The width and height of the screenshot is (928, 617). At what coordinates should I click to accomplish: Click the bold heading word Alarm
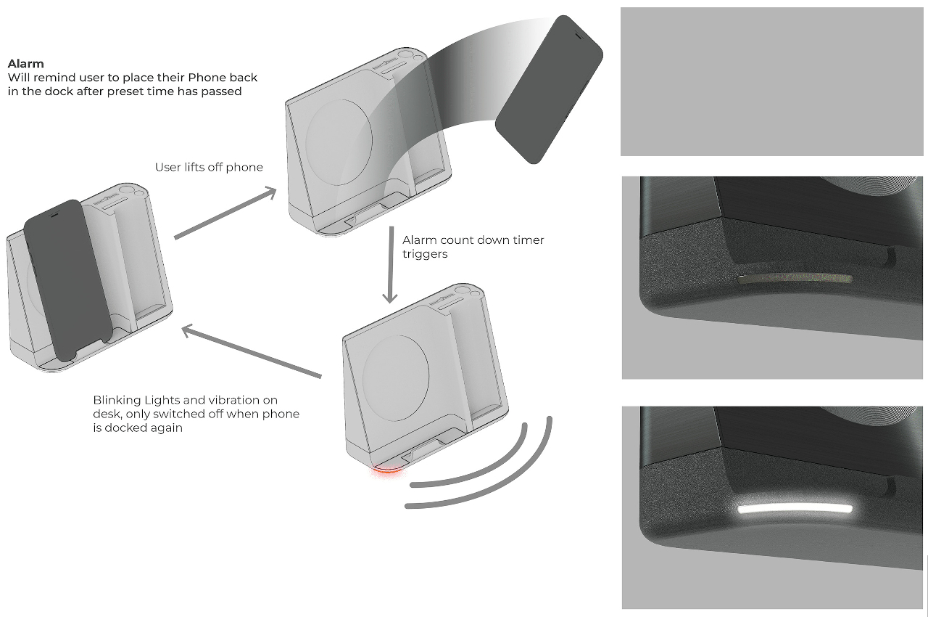(25, 64)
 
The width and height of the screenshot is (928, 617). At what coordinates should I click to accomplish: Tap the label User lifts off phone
(209, 168)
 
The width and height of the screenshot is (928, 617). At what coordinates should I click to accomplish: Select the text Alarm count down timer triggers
(473, 247)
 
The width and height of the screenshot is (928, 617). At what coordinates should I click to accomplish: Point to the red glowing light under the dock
(386, 471)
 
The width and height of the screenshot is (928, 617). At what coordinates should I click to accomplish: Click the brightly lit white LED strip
(794, 510)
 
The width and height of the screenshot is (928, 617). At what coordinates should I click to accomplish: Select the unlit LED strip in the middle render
(794, 279)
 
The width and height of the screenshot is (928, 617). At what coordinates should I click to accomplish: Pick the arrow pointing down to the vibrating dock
(391, 265)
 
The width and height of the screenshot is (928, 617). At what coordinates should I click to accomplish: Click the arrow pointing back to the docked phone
(251, 353)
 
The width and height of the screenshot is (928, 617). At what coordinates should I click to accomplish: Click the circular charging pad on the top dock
(339, 137)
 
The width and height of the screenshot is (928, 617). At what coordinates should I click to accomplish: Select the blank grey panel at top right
(772, 81)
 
